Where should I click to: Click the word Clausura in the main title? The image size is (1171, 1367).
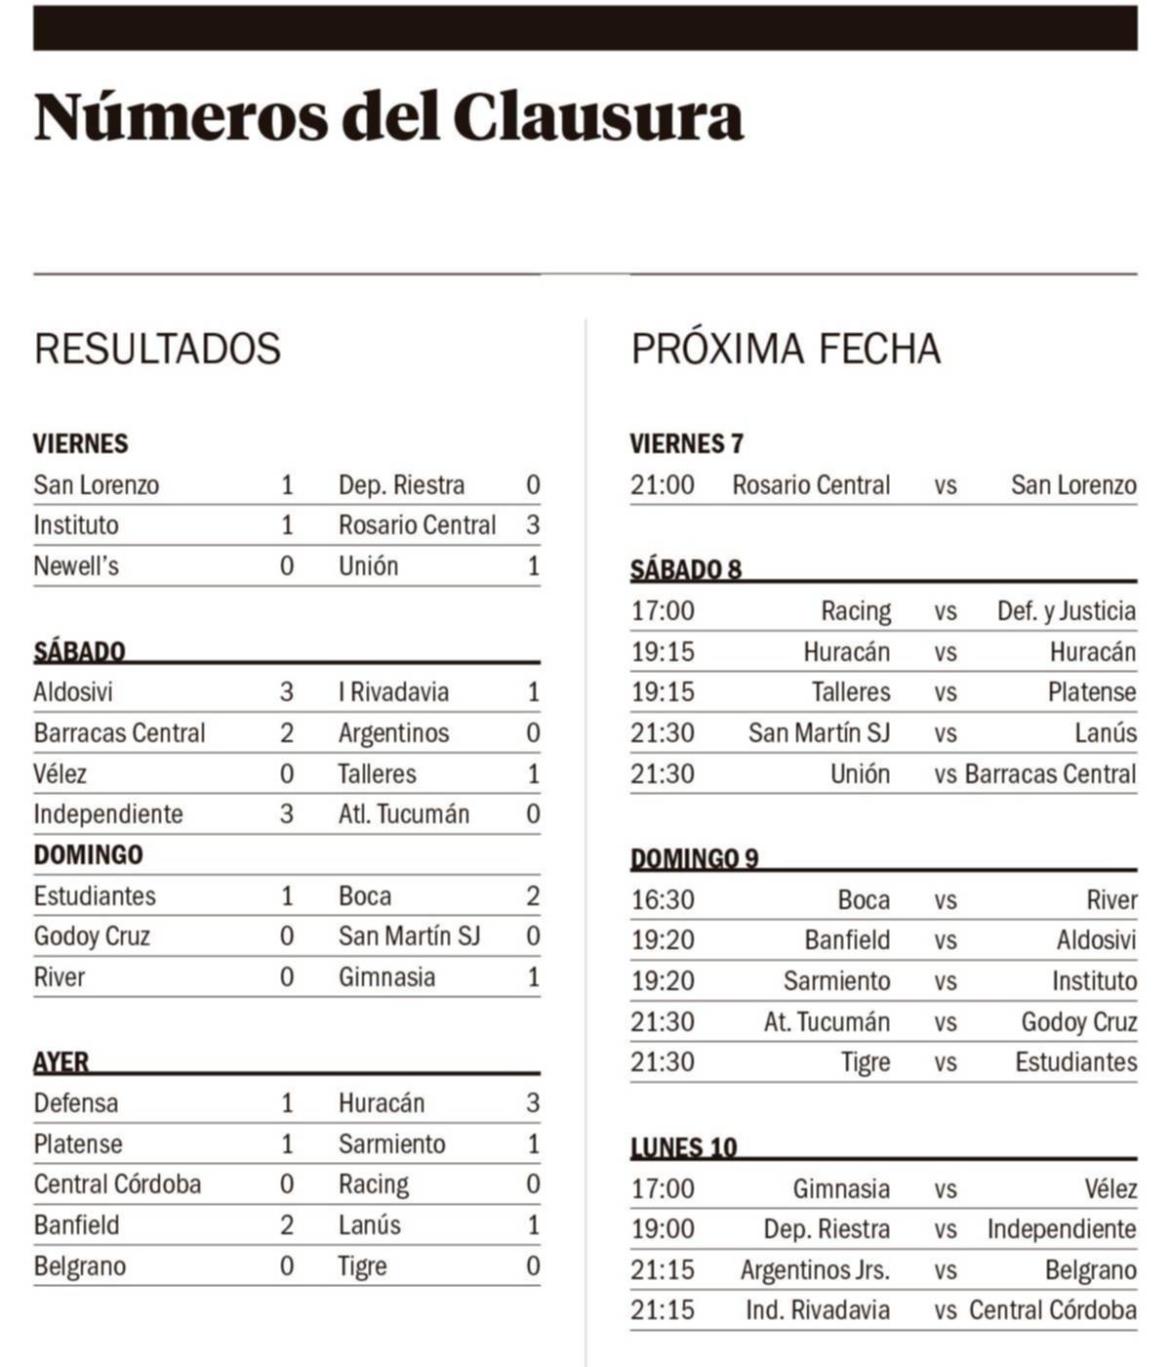[x=597, y=117]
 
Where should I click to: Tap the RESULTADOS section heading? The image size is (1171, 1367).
[x=157, y=349]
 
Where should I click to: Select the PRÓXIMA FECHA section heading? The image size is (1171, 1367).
[x=786, y=349]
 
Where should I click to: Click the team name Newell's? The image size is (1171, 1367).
[x=76, y=566]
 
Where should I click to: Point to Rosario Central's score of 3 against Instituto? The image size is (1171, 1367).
[x=533, y=525]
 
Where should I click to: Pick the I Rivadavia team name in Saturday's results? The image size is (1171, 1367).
[x=393, y=692]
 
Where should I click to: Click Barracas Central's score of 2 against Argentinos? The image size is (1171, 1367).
[x=287, y=733]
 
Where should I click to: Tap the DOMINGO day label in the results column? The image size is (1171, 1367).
[x=88, y=854]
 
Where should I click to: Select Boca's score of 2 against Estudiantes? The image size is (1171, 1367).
[x=533, y=895]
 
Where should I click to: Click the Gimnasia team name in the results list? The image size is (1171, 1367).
[x=386, y=977]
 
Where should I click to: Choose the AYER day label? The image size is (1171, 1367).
[x=61, y=1061]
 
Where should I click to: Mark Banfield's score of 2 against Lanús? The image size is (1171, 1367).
[x=287, y=1225]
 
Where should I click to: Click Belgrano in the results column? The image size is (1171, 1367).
[x=80, y=1266]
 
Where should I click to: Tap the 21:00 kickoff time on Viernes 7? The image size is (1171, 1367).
[x=663, y=485]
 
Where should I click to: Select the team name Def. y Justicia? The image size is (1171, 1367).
[x=1066, y=611]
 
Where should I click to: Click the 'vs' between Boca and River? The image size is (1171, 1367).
[x=945, y=899]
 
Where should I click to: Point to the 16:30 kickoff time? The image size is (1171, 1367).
[x=663, y=899]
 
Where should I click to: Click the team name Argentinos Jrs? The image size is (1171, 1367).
[x=815, y=1270]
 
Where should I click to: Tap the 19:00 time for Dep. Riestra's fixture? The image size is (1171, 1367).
[x=663, y=1229]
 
